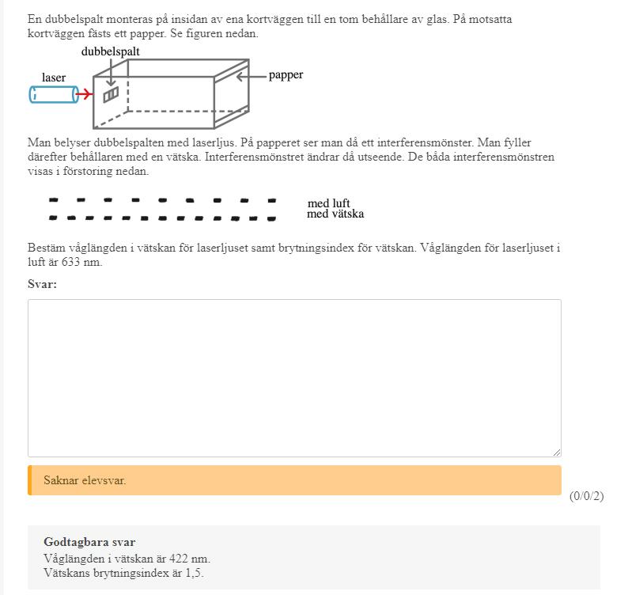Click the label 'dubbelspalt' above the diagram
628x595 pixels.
click(x=111, y=51)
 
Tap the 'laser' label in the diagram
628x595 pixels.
click(x=54, y=78)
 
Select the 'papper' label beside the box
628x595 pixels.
click(x=286, y=75)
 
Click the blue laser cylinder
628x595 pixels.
click(x=52, y=95)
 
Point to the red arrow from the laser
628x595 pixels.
click(x=85, y=95)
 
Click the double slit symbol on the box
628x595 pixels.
click(x=111, y=95)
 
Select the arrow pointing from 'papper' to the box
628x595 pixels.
click(x=251, y=76)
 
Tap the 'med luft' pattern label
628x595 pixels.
click(x=328, y=203)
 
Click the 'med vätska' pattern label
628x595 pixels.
click(x=335, y=214)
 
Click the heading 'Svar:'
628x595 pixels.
click(x=42, y=284)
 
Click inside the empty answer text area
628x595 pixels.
click(x=294, y=377)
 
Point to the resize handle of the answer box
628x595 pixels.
click(x=557, y=452)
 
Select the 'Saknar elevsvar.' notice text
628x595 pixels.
click(x=85, y=480)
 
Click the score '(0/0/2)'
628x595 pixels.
click(x=586, y=496)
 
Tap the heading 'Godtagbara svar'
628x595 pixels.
click(x=89, y=542)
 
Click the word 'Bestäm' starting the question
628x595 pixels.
click(x=46, y=248)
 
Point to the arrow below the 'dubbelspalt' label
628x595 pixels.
click(x=111, y=73)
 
